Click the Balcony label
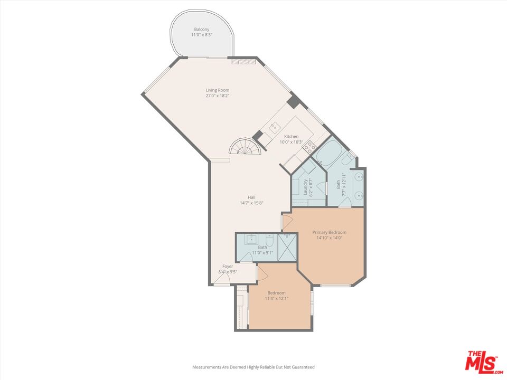[x=202, y=29]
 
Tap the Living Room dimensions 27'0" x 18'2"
[x=218, y=96]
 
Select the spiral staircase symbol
[x=244, y=146]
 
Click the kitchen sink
[x=274, y=127]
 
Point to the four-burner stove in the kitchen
[x=309, y=146]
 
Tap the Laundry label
[x=305, y=187]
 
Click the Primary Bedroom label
[x=329, y=232]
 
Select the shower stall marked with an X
[x=288, y=246]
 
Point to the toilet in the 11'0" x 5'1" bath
[x=270, y=242]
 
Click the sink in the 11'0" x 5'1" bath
[x=251, y=239]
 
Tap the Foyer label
[x=228, y=267]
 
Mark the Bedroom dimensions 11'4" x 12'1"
[x=276, y=299]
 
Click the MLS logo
[x=481, y=361]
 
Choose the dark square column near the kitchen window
[x=293, y=102]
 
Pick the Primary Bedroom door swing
[x=288, y=222]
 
